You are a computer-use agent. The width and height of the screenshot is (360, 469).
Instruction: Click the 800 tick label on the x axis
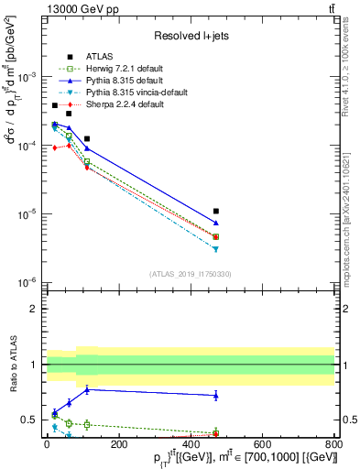pos(334,443)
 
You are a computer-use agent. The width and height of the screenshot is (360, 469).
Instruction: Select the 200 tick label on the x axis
pos(118,443)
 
